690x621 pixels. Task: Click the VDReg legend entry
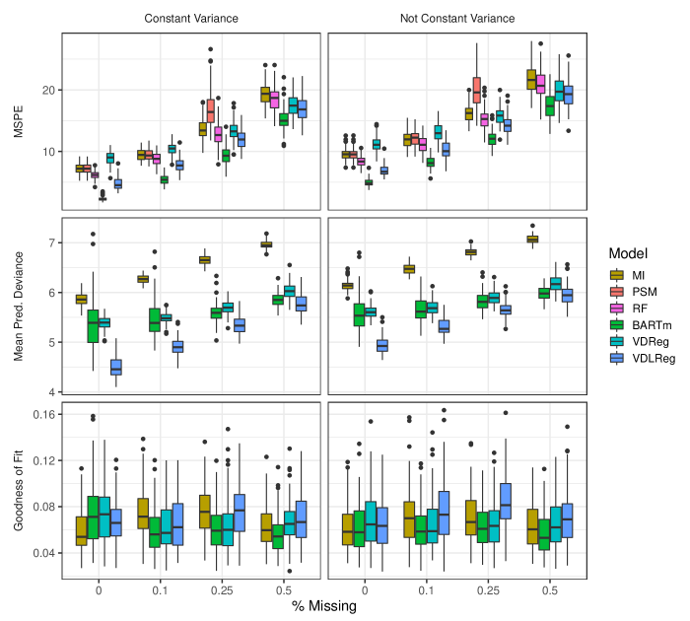tap(654, 342)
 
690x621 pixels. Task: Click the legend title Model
tap(628, 254)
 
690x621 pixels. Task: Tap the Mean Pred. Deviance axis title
tap(19, 305)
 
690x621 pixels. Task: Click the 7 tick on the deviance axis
tap(51, 242)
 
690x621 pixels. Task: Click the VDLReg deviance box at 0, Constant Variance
tap(116, 367)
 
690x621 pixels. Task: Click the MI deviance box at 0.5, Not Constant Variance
tap(532, 239)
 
